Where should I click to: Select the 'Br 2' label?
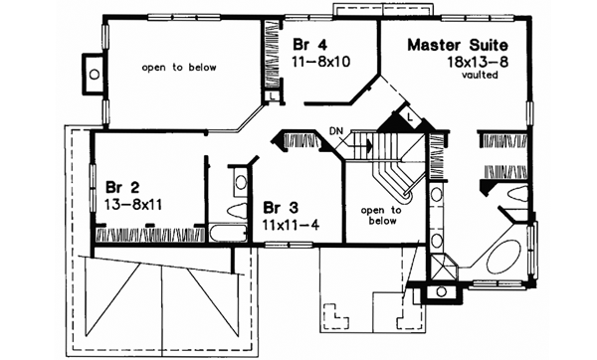(120, 184)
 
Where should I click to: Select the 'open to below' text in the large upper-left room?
(182, 68)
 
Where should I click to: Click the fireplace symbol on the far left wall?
(93, 72)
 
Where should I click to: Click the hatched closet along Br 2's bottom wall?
(149, 237)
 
